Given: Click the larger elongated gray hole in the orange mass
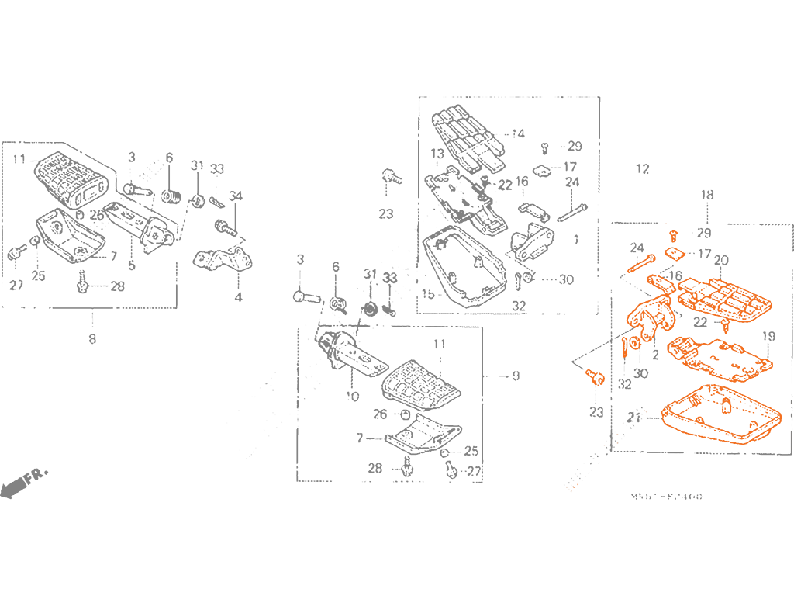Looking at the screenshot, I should [699, 320].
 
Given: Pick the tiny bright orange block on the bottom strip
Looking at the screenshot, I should [576, 487].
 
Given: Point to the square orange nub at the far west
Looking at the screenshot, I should [629, 268].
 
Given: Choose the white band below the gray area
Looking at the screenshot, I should [397, 547].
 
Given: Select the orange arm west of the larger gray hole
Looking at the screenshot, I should [644, 314].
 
